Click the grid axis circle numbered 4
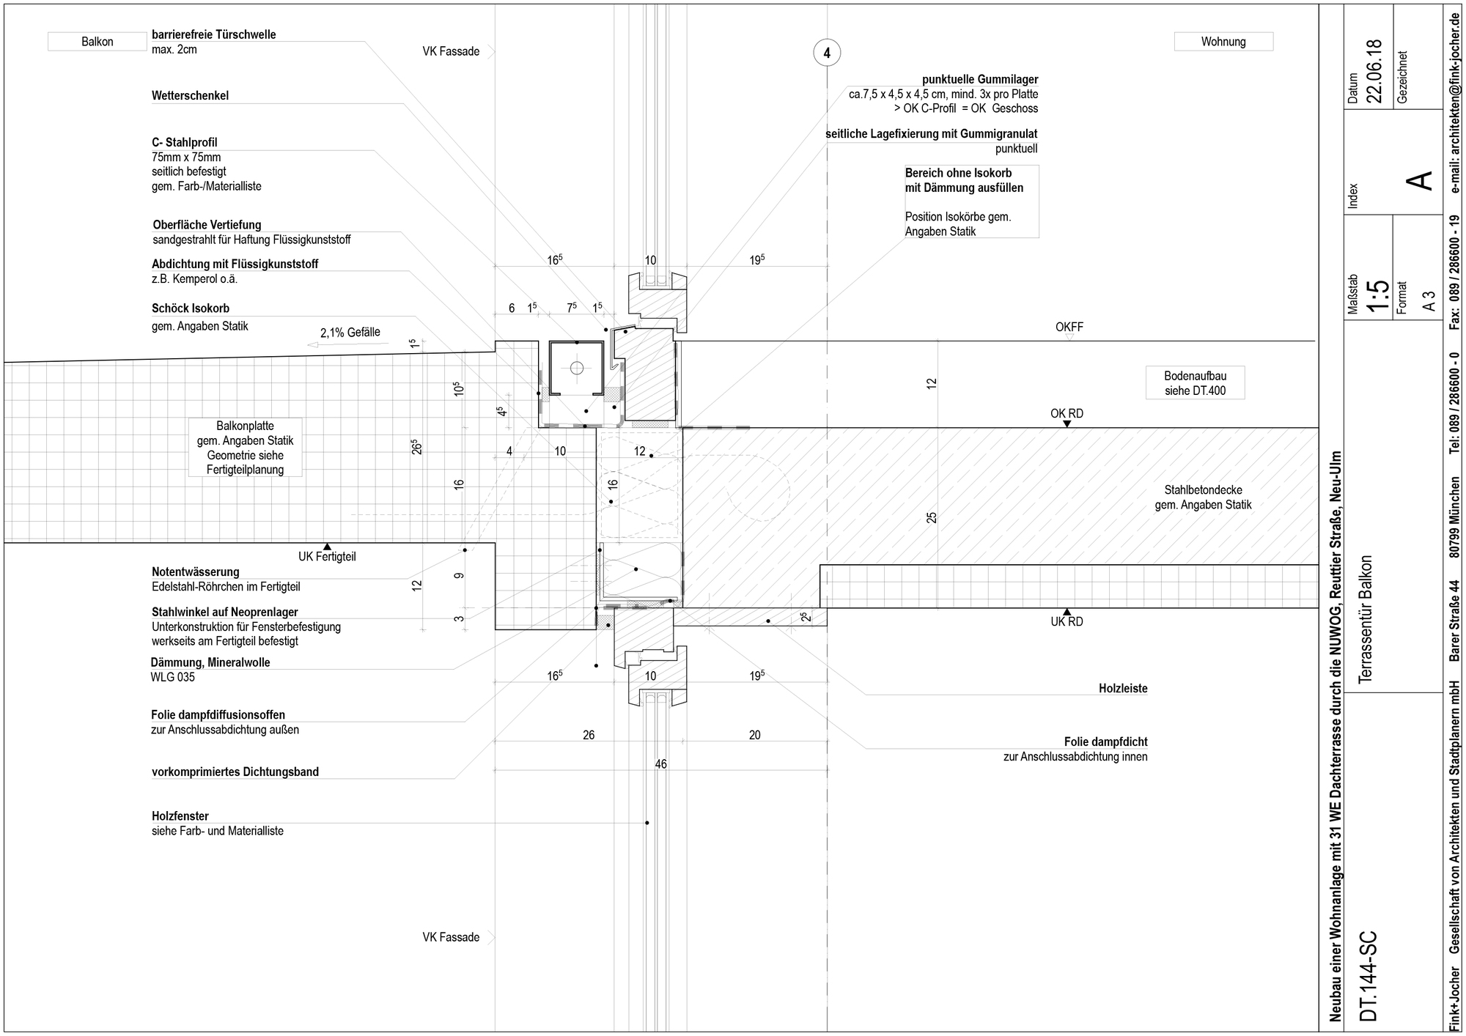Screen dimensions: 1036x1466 pos(827,53)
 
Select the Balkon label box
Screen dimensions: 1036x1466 pos(97,42)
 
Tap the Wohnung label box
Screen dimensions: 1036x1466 pos(1223,42)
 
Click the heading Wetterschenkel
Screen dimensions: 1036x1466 pos(191,96)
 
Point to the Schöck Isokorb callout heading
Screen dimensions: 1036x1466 pos(191,308)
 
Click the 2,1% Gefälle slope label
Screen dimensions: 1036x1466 pos(350,333)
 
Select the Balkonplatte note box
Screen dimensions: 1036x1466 pos(245,448)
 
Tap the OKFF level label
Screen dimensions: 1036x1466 pos(1069,327)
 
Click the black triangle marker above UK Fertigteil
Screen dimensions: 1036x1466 pos(327,547)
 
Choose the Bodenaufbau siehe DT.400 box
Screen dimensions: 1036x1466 pos(1195,383)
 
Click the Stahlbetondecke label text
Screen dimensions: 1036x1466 pos(1203,490)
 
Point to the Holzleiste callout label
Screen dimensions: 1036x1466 pos(1123,689)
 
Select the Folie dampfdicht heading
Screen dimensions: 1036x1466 pos(1105,741)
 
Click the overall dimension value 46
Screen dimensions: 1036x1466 pos(660,764)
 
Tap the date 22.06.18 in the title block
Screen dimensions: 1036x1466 pos(1374,71)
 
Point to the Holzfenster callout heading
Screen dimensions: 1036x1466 pos(180,816)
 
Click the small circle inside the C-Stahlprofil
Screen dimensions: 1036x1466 pos(577,367)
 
